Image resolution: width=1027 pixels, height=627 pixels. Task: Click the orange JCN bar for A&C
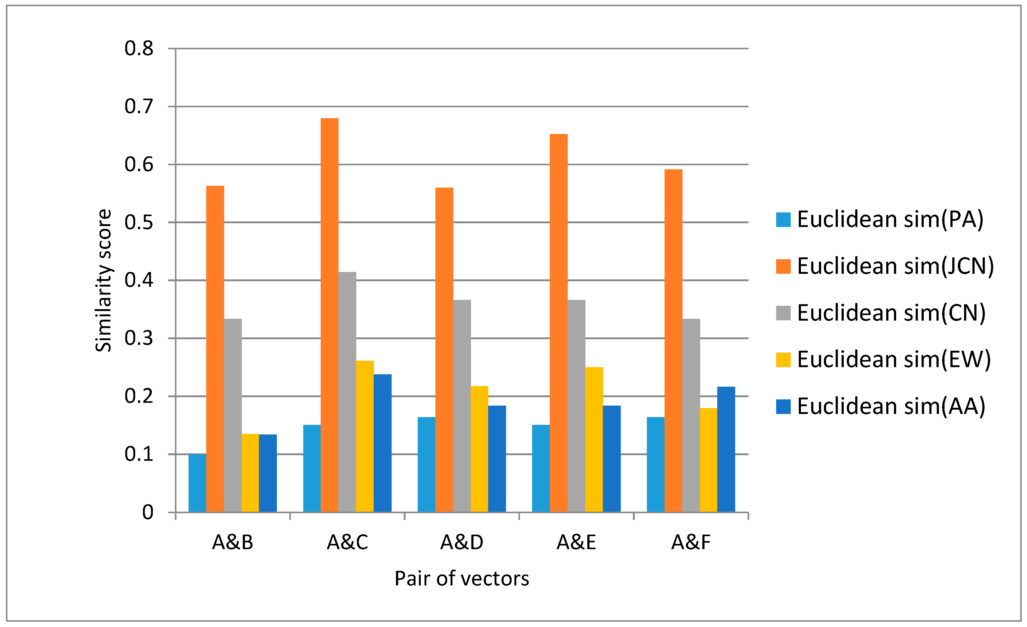click(329, 315)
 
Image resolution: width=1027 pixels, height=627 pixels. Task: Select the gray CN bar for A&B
click(233, 415)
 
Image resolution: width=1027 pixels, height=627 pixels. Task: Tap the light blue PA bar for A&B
click(197, 483)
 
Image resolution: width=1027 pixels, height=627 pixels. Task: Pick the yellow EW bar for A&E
click(594, 439)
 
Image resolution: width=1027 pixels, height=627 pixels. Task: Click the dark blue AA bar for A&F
click(726, 449)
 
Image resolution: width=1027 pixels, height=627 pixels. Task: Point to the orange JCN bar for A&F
click(673, 340)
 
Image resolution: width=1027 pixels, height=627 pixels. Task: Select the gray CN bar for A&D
click(462, 406)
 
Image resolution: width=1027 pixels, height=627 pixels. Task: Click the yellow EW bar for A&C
click(365, 436)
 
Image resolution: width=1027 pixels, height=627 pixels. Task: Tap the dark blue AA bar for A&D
click(497, 459)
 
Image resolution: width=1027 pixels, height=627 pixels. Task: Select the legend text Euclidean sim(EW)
click(894, 359)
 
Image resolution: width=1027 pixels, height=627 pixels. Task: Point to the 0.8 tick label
click(139, 49)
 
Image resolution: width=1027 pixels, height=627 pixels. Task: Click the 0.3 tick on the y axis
click(139, 338)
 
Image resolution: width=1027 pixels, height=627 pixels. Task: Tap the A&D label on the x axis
click(462, 542)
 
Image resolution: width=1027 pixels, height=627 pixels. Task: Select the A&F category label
click(691, 542)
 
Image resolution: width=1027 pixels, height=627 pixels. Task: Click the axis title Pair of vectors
click(462, 579)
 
